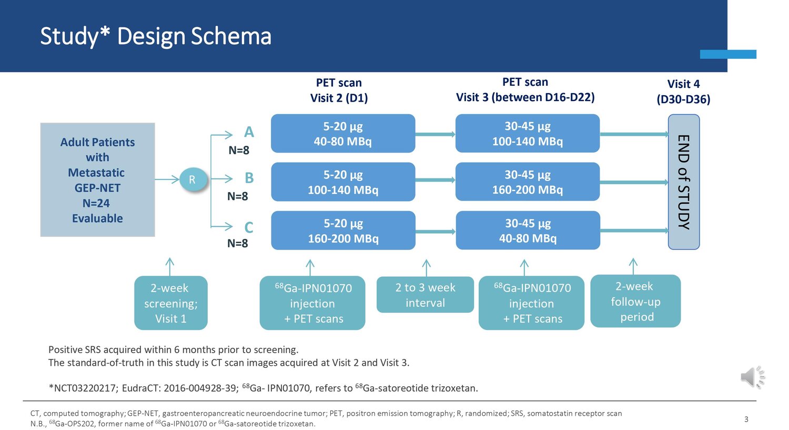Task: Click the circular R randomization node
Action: [x=193, y=180]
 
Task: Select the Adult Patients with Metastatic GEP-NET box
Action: [x=97, y=180]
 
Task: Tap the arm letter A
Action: [x=249, y=132]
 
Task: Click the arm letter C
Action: [x=249, y=228]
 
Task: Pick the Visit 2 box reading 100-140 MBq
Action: [x=343, y=182]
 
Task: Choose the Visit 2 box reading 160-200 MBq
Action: [x=343, y=231]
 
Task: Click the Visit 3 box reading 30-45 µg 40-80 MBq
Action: [x=528, y=231]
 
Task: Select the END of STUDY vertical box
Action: [x=684, y=182]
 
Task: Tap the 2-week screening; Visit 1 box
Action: [x=171, y=303]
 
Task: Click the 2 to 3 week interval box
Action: [x=425, y=295]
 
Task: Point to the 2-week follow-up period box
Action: [x=635, y=301]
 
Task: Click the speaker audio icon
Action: [x=753, y=377]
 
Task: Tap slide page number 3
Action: [x=746, y=419]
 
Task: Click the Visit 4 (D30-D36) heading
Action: [x=683, y=92]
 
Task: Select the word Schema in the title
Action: [x=231, y=36]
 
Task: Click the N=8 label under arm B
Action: [x=238, y=196]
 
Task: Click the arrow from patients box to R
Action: [x=167, y=179]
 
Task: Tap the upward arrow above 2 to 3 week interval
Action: [x=426, y=268]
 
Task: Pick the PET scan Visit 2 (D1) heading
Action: [x=339, y=90]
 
